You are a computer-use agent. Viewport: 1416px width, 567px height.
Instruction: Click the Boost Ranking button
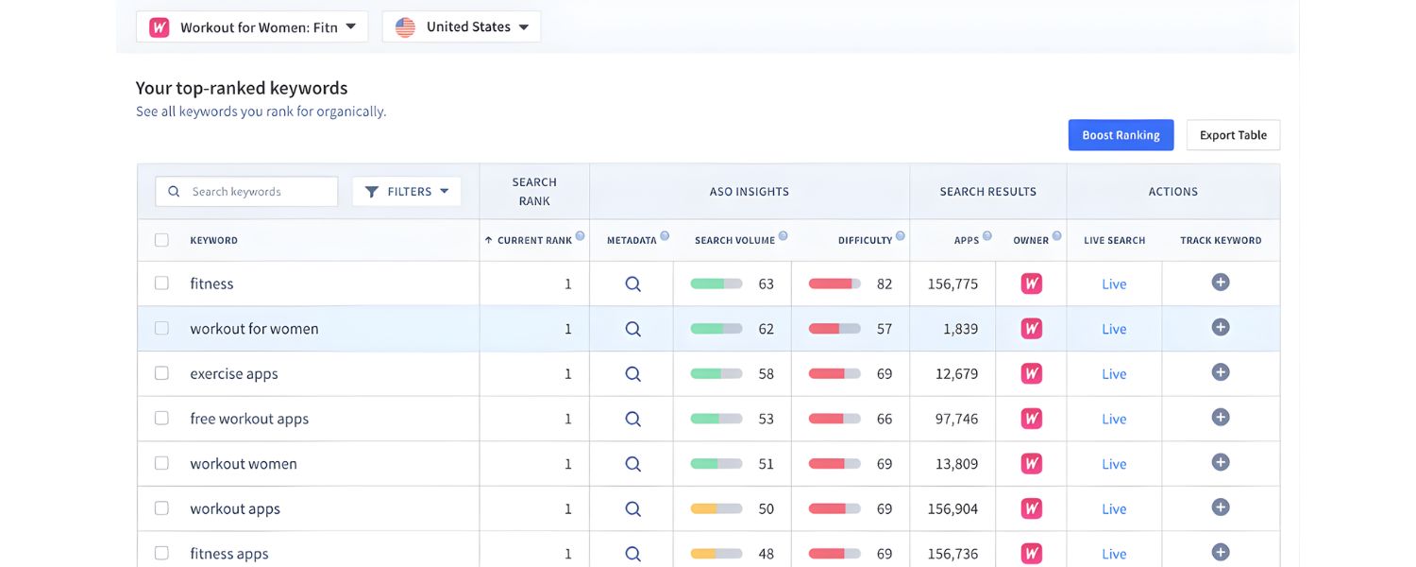pyautogui.click(x=1121, y=135)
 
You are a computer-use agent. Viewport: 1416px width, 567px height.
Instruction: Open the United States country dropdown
pyautogui.click(x=461, y=27)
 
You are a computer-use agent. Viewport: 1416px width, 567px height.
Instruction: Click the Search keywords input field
pyautogui.click(x=247, y=192)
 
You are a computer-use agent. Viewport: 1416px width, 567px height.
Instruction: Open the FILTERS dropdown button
pyautogui.click(x=407, y=192)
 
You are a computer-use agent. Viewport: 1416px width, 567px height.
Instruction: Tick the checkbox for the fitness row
pyautogui.click(x=161, y=283)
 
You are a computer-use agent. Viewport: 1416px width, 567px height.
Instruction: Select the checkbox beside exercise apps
pyautogui.click(x=161, y=373)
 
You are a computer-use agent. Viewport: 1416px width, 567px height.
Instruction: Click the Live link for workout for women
pyautogui.click(x=1114, y=329)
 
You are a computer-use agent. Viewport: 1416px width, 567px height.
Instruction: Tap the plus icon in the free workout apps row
pyautogui.click(x=1221, y=417)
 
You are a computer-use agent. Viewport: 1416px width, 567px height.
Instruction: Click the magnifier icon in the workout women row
pyautogui.click(x=632, y=464)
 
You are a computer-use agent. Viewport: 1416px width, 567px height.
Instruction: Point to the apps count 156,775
pyautogui.click(x=952, y=283)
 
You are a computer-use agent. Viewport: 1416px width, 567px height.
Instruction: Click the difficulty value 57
pyautogui.click(x=884, y=329)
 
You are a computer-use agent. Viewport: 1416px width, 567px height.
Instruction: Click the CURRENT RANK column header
pyautogui.click(x=534, y=240)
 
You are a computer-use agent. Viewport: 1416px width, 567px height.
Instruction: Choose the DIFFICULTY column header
pyautogui.click(x=865, y=240)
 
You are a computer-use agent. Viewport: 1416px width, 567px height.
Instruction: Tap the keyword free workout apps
pyautogui.click(x=249, y=419)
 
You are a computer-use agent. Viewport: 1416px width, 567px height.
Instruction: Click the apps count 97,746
pyautogui.click(x=956, y=419)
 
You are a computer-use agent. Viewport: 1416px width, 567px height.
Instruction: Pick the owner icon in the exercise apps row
pyautogui.click(x=1032, y=373)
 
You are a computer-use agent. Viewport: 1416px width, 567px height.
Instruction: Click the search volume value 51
pyautogui.click(x=766, y=464)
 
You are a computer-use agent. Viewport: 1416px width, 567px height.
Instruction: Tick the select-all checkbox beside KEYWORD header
pyautogui.click(x=161, y=240)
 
